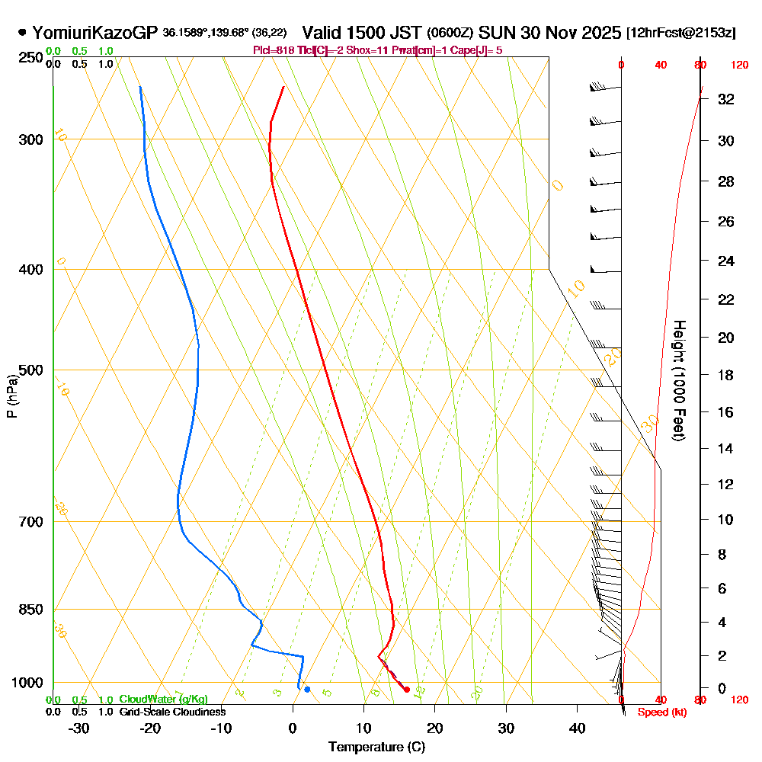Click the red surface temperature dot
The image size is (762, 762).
coord(406,690)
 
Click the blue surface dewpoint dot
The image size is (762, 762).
coord(307,690)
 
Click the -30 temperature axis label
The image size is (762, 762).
coord(79,728)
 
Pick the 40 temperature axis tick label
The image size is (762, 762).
coord(577,728)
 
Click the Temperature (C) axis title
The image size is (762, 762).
coord(376,748)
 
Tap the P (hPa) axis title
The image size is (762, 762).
coord(11,396)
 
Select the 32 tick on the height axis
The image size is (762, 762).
coord(726,99)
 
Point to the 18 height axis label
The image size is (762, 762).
coord(726,375)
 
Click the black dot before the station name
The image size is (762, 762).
coord(22,33)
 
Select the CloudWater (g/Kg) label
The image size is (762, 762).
coord(163,700)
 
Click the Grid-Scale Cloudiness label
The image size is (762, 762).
coord(172,712)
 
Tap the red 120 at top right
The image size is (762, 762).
coord(738,66)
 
